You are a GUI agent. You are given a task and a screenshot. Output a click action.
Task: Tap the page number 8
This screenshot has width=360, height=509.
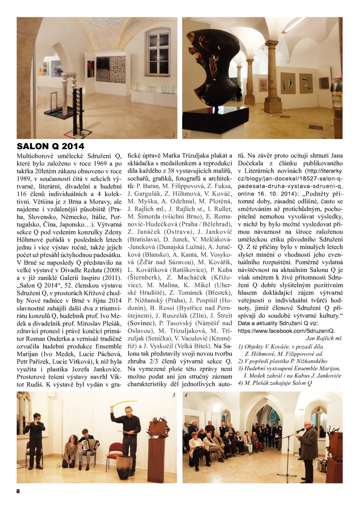[18, 491]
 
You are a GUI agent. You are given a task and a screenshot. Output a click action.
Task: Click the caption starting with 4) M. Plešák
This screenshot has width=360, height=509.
[275, 383]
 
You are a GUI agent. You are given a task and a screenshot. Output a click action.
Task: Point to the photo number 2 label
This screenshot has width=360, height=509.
[186, 136]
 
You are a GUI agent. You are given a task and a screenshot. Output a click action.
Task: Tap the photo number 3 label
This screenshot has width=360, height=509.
[174, 395]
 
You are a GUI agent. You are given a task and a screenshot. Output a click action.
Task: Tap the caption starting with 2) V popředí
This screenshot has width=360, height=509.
[278, 361]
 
